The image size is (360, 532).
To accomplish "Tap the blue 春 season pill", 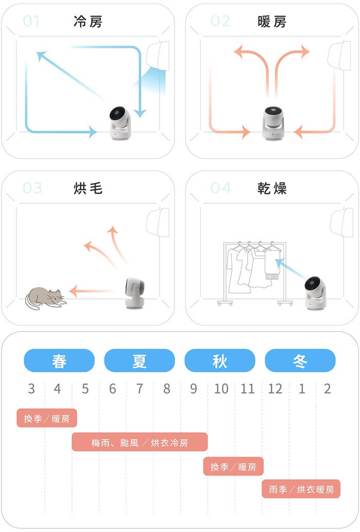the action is click(59, 360).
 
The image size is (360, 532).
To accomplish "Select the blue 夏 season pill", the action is click(139, 360).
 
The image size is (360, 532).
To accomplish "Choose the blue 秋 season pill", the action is click(220, 360).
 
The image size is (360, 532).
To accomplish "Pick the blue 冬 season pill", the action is click(300, 360).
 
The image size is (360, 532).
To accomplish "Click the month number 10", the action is click(221, 389).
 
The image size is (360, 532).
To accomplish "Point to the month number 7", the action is click(139, 389).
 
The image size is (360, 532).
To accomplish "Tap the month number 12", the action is click(275, 389).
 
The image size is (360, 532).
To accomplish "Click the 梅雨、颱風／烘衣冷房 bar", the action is click(139, 442).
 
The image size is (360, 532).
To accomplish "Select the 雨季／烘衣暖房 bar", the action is click(301, 489).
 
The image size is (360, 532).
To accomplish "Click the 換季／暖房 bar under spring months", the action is click(47, 418).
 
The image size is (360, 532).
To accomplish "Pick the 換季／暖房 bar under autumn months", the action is click(233, 467).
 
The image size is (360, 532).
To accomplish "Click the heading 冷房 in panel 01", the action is click(88, 22).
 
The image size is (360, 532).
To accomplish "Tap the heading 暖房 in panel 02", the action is click(272, 22).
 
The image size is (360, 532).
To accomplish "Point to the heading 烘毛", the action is click(88, 188).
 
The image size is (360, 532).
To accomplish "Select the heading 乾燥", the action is click(272, 188).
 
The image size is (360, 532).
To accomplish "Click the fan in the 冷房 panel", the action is click(120, 123).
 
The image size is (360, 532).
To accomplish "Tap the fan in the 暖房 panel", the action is click(274, 123).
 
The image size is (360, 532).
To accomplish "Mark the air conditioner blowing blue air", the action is click(158, 56).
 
